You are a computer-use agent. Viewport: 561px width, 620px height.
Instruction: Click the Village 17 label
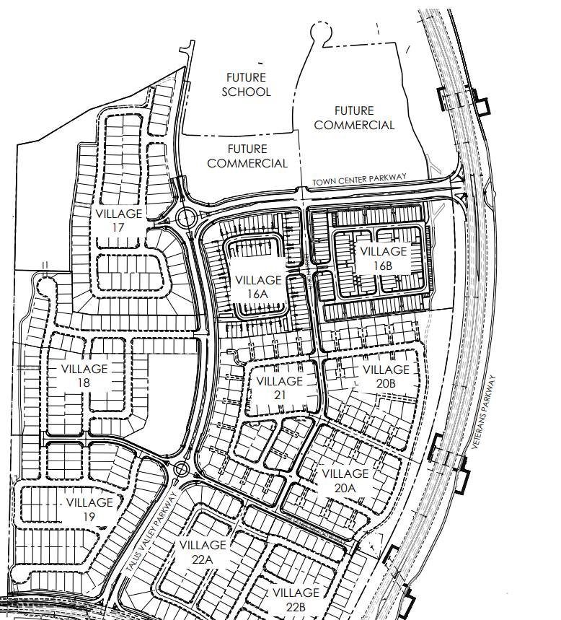click(x=118, y=221)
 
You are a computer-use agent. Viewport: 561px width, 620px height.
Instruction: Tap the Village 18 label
click(x=84, y=375)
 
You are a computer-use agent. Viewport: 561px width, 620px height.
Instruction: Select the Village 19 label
click(x=89, y=510)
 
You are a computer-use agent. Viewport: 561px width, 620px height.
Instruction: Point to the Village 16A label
click(x=258, y=287)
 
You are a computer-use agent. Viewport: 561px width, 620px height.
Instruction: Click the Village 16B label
click(x=383, y=258)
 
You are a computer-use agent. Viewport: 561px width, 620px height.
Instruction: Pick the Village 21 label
click(x=279, y=388)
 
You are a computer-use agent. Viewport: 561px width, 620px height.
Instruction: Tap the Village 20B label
click(x=386, y=377)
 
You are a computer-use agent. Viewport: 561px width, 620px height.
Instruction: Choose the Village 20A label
click(x=345, y=481)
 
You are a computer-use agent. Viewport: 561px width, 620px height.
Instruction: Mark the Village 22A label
click(x=203, y=552)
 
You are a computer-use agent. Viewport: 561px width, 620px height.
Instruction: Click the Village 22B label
click(x=296, y=600)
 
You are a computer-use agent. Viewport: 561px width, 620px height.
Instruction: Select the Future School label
click(x=246, y=84)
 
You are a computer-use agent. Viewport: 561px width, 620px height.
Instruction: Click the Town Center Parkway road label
click(x=359, y=179)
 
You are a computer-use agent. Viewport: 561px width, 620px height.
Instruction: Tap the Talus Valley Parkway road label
click(x=151, y=531)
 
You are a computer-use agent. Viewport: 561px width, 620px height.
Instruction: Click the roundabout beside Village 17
click(x=186, y=217)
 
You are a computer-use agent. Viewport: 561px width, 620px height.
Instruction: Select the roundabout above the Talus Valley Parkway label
click(x=181, y=470)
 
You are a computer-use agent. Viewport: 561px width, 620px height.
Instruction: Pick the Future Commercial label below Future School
click(x=247, y=156)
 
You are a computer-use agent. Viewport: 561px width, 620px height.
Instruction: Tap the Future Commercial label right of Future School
click(x=354, y=118)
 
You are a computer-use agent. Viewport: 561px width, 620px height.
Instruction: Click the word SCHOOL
click(x=246, y=92)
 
